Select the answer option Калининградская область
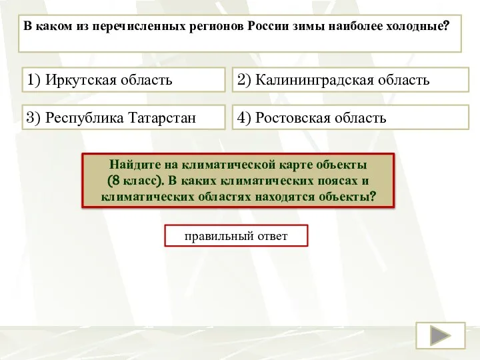[x=351, y=81]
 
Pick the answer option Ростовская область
[x=351, y=119]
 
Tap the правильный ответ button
[x=236, y=236]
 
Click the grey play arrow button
[x=440, y=335]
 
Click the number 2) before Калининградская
[x=243, y=81]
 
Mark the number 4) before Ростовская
[x=243, y=119]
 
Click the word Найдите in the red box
[x=133, y=164]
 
